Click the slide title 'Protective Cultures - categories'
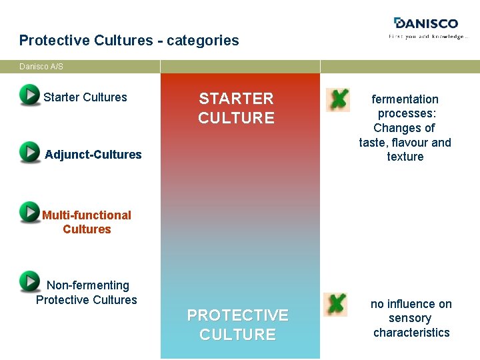click(x=129, y=40)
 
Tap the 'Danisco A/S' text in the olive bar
click(x=41, y=67)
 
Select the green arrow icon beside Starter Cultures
click(x=29, y=95)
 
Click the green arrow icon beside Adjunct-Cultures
click(x=29, y=152)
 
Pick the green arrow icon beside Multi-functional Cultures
click(x=29, y=211)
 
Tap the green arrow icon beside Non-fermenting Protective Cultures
click(x=29, y=281)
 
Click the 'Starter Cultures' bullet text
click(x=85, y=97)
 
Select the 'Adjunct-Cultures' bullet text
click(x=93, y=155)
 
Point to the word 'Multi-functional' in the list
click(x=87, y=215)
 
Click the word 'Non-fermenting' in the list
click(x=87, y=285)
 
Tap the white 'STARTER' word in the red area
click(x=236, y=99)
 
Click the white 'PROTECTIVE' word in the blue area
click(x=237, y=315)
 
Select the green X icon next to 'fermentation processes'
click(x=337, y=100)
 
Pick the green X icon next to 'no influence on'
click(x=335, y=304)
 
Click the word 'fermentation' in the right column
click(x=405, y=99)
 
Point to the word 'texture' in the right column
click(x=405, y=157)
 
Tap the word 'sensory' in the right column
click(x=410, y=318)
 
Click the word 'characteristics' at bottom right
click(x=411, y=333)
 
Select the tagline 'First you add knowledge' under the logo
click(x=428, y=37)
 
